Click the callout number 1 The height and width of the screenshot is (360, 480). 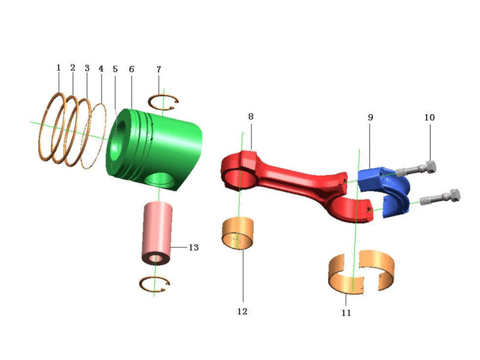pyautogui.click(x=58, y=68)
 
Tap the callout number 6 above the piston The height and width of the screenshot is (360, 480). pyautogui.click(x=131, y=69)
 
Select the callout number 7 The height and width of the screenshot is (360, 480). pyautogui.click(x=158, y=70)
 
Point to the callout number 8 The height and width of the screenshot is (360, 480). pyautogui.click(x=251, y=116)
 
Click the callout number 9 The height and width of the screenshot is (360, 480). pyautogui.click(x=370, y=117)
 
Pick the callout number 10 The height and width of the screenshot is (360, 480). pyautogui.click(x=429, y=117)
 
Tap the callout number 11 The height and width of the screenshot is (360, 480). pyautogui.click(x=346, y=313)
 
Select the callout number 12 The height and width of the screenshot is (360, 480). pyautogui.click(x=242, y=311)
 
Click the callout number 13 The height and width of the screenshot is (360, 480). pyautogui.click(x=193, y=247)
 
